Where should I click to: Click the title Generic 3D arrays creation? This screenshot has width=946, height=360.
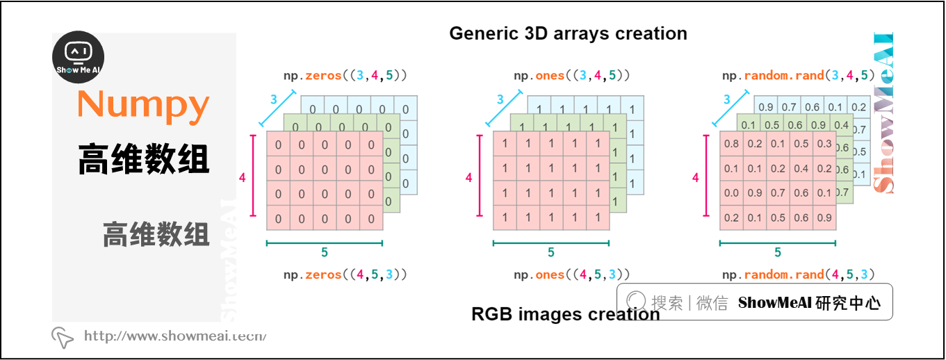click(568, 33)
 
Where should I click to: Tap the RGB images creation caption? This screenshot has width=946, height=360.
click(565, 314)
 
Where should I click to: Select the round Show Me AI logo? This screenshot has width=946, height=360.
click(79, 58)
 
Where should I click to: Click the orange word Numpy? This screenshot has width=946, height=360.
click(143, 105)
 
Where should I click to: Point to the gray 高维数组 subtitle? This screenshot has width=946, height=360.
click(156, 234)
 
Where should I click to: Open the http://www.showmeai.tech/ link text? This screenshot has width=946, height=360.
click(175, 336)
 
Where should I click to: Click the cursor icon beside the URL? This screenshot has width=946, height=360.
click(63, 337)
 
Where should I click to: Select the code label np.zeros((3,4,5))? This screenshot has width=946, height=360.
click(345, 76)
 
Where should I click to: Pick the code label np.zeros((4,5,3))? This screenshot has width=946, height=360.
click(345, 275)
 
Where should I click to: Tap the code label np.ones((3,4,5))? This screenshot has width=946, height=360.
click(571, 76)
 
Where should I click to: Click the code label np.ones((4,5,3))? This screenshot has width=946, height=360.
click(571, 275)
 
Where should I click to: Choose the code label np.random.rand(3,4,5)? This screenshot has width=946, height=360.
click(798, 76)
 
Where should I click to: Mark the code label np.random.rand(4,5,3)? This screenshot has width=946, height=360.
click(798, 275)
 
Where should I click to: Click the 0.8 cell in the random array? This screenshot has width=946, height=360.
click(731, 145)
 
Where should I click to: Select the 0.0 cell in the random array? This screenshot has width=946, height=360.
click(731, 193)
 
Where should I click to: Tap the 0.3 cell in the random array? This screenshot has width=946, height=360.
click(824, 145)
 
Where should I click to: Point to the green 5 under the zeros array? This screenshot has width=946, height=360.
click(325, 253)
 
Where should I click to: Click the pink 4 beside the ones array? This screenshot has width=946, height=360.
click(468, 179)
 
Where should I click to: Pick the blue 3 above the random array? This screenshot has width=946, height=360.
click(727, 100)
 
